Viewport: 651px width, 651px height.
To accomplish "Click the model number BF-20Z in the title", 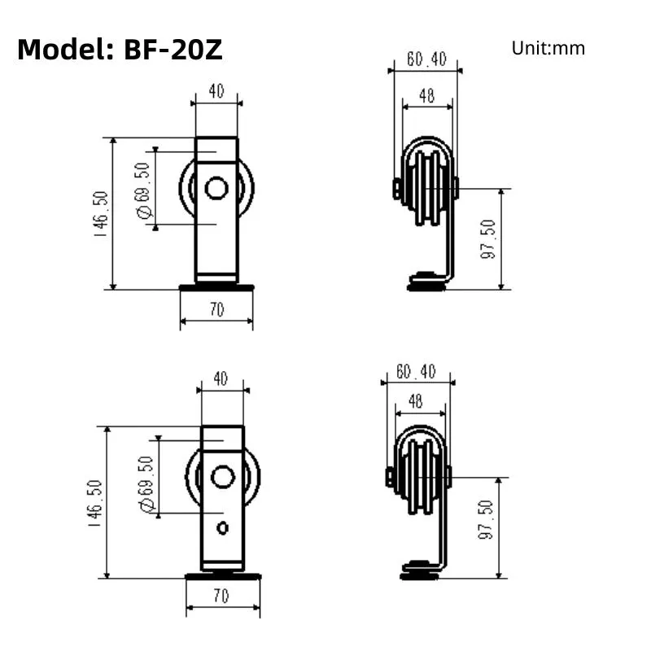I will coord(173,50).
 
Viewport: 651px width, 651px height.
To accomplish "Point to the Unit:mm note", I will coord(548,48).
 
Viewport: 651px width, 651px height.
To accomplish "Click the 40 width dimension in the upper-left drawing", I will coord(216,91).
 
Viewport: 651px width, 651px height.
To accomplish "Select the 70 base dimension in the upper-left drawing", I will coord(216,310).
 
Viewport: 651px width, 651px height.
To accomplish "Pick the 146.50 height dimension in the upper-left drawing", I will coord(100,213).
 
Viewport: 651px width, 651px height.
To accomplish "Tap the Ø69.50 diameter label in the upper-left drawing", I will coord(144,190).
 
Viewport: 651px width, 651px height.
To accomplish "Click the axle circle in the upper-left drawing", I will coord(216,189).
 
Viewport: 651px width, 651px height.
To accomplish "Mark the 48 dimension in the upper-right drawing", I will coord(426,96).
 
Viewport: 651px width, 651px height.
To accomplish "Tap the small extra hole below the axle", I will coord(222,528).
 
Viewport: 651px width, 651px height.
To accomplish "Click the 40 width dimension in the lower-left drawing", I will coord(221,378).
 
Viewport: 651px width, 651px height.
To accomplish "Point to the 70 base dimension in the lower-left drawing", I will coord(221,596).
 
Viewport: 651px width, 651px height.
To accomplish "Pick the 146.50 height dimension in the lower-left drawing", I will coord(94,502).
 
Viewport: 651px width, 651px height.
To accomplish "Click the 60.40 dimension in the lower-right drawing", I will coord(416,371).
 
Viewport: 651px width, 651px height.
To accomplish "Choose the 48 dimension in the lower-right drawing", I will coord(416,401).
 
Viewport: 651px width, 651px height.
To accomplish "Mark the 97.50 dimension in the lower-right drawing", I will coord(486,521).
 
